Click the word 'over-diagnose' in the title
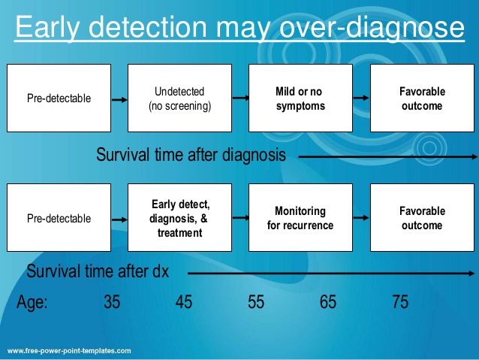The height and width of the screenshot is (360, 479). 372,28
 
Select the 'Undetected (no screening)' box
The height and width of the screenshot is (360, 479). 179,98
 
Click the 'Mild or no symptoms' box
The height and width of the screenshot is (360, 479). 300,98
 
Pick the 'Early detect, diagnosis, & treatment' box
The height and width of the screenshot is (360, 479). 179,217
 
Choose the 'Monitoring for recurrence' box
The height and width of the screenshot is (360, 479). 300,217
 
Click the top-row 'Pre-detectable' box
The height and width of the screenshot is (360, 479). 59,98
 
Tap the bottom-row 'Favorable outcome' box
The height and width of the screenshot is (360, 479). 422,217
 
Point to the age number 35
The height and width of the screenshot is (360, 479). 112,302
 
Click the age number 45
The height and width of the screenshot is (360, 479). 184,302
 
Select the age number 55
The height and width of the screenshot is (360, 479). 256,302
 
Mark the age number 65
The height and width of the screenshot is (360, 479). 328,302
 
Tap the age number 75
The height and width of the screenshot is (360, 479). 400,302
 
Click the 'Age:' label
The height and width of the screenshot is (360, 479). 32,302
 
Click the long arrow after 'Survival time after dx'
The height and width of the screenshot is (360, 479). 331,274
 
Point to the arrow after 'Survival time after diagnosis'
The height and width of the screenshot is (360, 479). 387,156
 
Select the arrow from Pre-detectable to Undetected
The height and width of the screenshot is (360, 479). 119,100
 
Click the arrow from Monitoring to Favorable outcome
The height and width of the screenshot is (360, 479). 361,218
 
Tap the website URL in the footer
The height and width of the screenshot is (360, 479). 69,351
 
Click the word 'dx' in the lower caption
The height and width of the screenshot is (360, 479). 161,271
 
